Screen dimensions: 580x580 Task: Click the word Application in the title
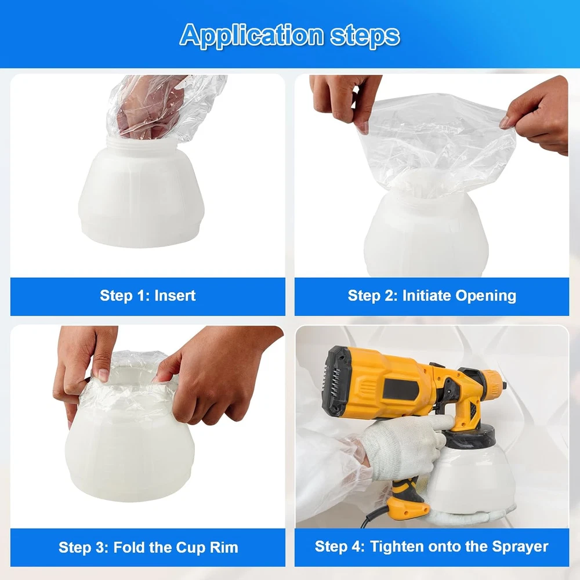(x=252, y=35)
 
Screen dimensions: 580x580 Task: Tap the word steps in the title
(x=365, y=35)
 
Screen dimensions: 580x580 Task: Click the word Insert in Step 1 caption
(x=175, y=296)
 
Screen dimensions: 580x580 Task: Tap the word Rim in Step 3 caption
(x=224, y=548)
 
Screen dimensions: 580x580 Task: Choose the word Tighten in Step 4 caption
(x=398, y=547)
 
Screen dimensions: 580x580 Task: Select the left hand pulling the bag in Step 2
(x=346, y=100)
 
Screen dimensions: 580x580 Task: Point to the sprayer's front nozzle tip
(x=504, y=385)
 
